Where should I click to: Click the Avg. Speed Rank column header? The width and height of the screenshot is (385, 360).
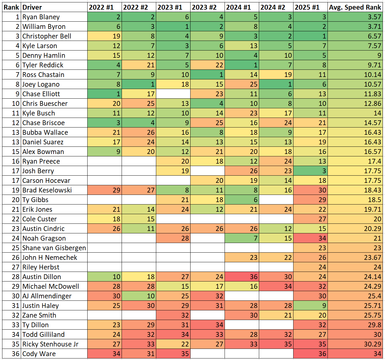(355, 7)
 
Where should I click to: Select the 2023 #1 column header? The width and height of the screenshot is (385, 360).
(173, 7)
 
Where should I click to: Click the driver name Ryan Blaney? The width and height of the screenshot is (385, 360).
(41, 17)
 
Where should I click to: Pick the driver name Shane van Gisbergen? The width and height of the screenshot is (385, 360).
(54, 248)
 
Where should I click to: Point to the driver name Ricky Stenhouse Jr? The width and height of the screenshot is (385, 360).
(50, 344)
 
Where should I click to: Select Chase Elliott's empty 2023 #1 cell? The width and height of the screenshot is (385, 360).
(173, 94)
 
